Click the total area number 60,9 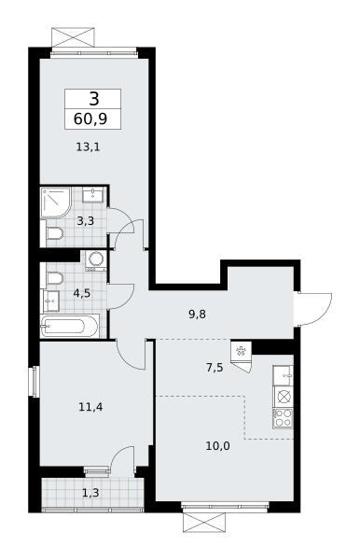pyautogui.click(x=90, y=119)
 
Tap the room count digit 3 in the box pyautogui.click(x=93, y=99)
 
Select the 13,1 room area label pyautogui.click(x=88, y=147)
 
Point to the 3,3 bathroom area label pyautogui.click(x=86, y=221)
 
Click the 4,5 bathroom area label pyautogui.click(x=82, y=294)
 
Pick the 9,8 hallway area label pyautogui.click(x=198, y=315)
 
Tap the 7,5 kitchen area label pyautogui.click(x=215, y=367)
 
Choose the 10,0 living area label pyautogui.click(x=217, y=446)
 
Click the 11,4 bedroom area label pyautogui.click(x=90, y=406)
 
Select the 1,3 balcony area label pyautogui.click(x=90, y=493)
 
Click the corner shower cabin pyautogui.click(x=56, y=203)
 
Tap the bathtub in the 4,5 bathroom pyautogui.click(x=69, y=326)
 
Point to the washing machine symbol pyautogui.click(x=96, y=260)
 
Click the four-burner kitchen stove pyautogui.click(x=284, y=418)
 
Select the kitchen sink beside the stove pyautogui.click(x=284, y=375)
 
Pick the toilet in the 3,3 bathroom pyautogui.click(x=55, y=233)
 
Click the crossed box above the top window pyautogui.click(x=74, y=36)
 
